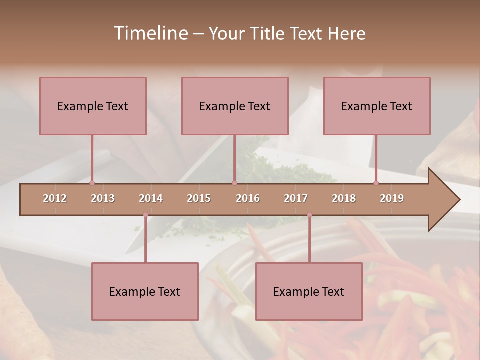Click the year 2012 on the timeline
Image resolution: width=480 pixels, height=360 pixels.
pos(55,198)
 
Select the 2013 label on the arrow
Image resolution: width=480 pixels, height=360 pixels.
pos(103,198)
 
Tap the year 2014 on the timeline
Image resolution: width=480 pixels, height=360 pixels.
pos(151,198)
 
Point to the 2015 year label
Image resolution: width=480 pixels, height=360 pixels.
pos(199,198)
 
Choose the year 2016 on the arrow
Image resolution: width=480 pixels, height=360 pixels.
pos(248,198)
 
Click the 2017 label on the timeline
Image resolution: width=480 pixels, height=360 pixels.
pos(296,198)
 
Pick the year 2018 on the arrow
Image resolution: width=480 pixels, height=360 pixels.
pos(344,198)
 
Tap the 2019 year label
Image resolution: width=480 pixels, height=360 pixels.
pos(392,198)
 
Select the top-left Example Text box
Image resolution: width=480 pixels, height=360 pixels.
pos(93,106)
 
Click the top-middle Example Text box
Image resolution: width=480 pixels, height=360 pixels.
pos(235,106)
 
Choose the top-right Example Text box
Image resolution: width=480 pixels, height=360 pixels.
pos(377,106)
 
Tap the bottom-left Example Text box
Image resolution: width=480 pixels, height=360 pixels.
pos(145,291)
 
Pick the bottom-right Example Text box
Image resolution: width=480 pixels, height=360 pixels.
pos(309,291)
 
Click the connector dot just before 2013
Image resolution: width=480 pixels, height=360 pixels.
pos(92,183)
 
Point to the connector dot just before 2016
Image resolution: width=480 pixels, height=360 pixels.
pos(234,183)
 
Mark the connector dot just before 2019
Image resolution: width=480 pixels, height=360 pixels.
pos(376,183)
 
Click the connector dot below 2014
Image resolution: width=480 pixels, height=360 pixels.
pos(145,215)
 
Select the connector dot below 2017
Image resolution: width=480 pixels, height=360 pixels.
pos(309,215)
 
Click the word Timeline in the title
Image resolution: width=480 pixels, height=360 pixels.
pos(150,33)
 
